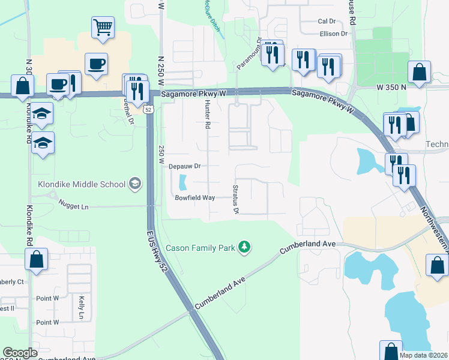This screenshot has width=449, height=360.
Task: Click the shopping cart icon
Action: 103,27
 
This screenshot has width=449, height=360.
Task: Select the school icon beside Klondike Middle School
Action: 135,184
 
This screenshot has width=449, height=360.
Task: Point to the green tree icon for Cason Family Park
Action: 244,247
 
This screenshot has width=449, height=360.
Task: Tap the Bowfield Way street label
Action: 194,197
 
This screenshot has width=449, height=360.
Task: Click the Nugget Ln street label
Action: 73,206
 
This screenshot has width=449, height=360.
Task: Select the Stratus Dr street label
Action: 235,199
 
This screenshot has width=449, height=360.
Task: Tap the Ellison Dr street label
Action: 334,34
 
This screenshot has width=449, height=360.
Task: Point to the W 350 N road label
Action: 391,87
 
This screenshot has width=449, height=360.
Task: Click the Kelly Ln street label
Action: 82,307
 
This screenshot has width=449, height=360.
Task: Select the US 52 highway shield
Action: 148,109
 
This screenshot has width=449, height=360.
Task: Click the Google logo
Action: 20,353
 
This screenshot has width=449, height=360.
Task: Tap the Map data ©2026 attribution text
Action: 424,355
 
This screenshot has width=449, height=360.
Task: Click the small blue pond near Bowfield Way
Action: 182,180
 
